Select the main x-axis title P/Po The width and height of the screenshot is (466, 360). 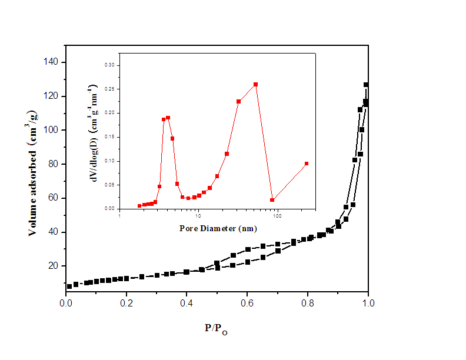point(216,329)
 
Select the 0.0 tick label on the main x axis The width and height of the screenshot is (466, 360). point(66,304)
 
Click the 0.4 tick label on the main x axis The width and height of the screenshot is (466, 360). point(187,304)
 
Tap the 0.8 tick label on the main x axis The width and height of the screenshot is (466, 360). point(307,304)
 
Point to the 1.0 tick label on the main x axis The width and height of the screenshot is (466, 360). point(367,304)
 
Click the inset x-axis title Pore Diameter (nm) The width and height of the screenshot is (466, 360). point(217,228)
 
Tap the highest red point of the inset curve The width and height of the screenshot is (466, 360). point(256,84)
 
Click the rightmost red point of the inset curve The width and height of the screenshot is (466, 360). point(307,164)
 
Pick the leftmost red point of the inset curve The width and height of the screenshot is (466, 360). point(139,206)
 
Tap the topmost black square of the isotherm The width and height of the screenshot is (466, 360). point(366,85)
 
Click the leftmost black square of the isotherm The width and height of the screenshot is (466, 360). point(69,286)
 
